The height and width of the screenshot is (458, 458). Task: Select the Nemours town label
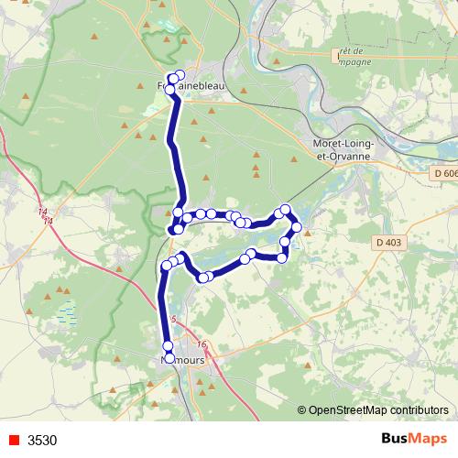tap(183, 360)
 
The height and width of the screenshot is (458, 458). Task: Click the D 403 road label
tap(387, 242)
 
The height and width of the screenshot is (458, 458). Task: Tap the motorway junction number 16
tap(202, 345)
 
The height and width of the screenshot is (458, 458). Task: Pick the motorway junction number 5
tap(173, 319)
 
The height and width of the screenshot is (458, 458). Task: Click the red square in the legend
tap(15, 440)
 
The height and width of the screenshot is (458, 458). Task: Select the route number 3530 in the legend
tap(42, 440)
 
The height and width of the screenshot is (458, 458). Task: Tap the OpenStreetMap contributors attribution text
tap(378, 411)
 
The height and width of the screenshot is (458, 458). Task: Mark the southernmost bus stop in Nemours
tap(169, 356)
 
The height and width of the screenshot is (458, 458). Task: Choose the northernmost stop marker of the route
tap(180, 75)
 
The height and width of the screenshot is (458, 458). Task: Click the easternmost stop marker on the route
tap(296, 227)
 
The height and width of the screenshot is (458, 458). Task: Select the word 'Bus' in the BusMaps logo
tap(397, 439)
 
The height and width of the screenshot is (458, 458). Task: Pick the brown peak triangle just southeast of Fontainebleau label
tap(212, 112)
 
